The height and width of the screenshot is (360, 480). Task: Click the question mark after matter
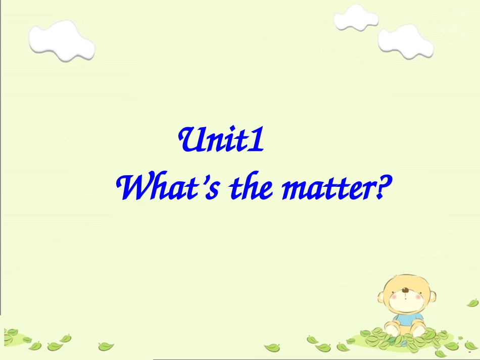[385, 187]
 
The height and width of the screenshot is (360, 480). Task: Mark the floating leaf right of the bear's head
[472, 302]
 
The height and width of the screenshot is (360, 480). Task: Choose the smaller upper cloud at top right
[356, 19]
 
